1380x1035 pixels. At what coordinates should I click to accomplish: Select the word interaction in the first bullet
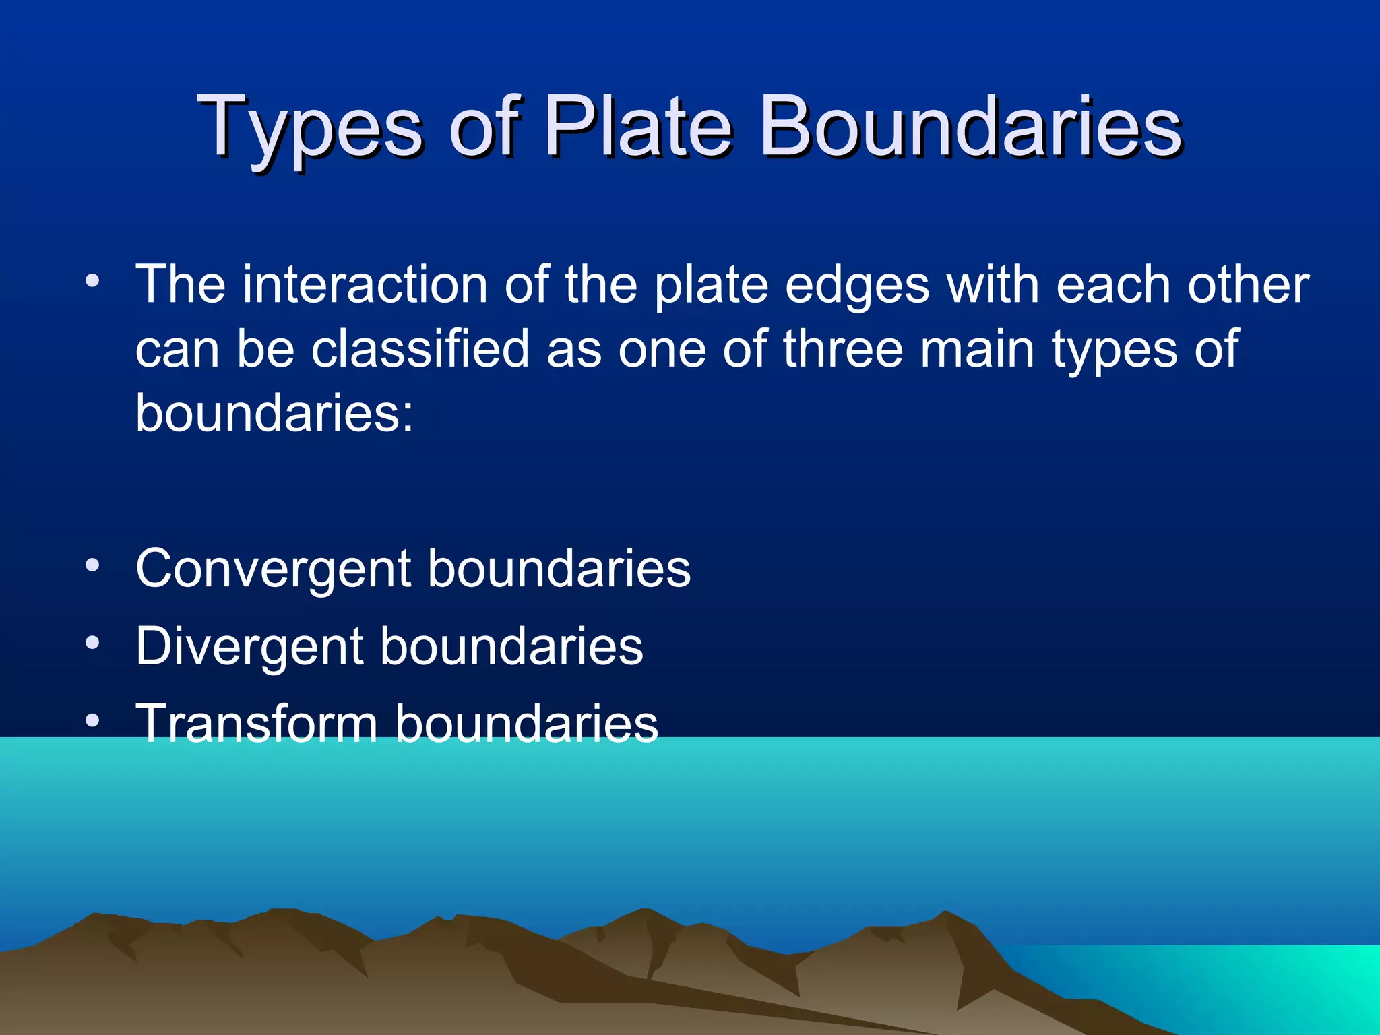[365, 285]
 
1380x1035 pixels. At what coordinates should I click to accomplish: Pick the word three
[842, 349]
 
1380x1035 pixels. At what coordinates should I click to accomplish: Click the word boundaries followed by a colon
[274, 412]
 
